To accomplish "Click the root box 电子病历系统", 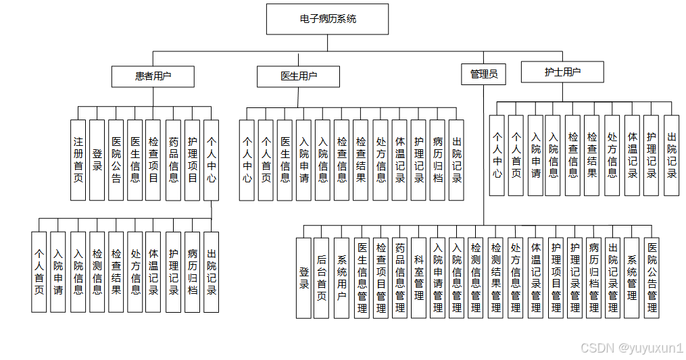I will (327, 19).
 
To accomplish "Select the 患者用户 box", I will (153, 76).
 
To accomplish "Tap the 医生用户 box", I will (298, 76).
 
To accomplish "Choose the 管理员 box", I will (483, 74).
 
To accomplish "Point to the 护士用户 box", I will (562, 72).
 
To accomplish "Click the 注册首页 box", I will (78, 160).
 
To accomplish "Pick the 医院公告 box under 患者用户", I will (116, 160).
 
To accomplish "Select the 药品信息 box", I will (174, 160).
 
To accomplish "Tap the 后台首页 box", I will (322, 278).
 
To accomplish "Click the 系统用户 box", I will (341, 278).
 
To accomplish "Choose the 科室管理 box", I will (419, 278).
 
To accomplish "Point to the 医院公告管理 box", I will (652, 278).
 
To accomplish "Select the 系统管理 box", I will (632, 278).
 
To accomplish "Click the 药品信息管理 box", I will (400, 278).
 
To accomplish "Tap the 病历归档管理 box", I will (594, 278).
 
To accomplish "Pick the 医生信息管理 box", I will (362, 278).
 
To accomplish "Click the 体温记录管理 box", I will (536, 278).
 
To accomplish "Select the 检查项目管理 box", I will (381, 278).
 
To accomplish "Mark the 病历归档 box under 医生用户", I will (438, 160).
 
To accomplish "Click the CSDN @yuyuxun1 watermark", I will (632, 348).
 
